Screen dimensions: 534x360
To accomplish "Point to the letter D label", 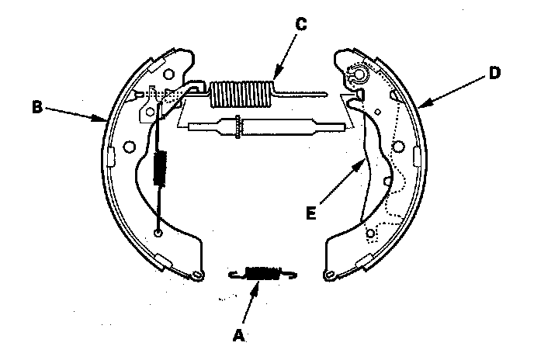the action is coord(494,74).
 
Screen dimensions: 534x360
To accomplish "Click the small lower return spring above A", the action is coord(262,272).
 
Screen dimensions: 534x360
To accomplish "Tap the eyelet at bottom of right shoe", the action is coord(329,273).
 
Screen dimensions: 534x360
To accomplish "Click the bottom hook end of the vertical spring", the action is coord(159,231).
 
